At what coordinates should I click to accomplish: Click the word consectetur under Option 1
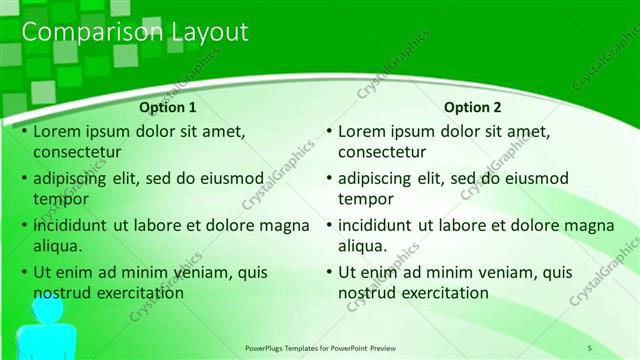[77, 153]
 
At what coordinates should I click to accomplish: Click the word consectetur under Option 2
[382, 153]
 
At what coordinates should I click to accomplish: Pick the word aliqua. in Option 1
[57, 246]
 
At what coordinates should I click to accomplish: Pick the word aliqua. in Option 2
[362, 246]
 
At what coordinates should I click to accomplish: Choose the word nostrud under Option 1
[64, 293]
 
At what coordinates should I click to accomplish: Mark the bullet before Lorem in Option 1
[24, 131]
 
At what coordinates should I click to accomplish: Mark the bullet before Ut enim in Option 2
[329, 272]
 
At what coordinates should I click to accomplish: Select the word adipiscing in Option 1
[73, 178]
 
